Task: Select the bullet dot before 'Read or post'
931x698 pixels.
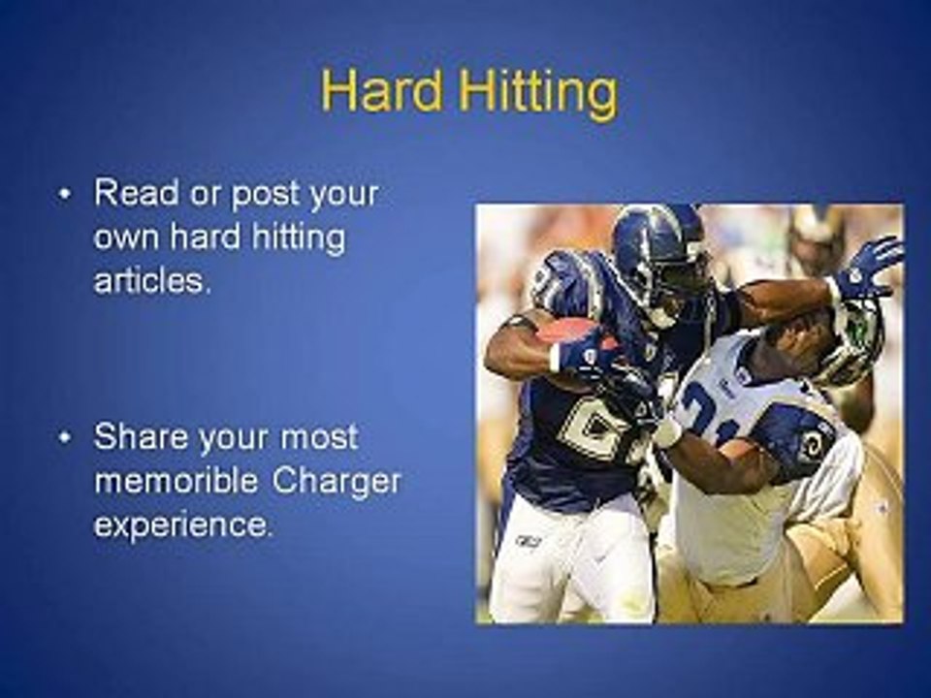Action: pos(65,195)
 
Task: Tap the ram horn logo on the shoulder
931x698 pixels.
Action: pos(812,443)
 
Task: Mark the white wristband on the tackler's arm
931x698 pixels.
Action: pos(667,431)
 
